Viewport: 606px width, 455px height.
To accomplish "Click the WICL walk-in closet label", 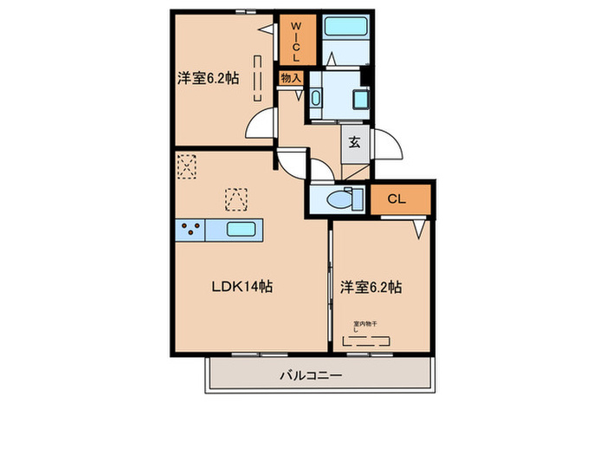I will pos(295,40).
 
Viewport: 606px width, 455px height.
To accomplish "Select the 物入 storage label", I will pos(290,78).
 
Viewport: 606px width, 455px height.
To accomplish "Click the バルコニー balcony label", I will pos(311,375).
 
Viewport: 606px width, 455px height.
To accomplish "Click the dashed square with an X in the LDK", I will pos(187,165).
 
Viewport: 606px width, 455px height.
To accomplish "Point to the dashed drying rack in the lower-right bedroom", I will pos(368,341).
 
